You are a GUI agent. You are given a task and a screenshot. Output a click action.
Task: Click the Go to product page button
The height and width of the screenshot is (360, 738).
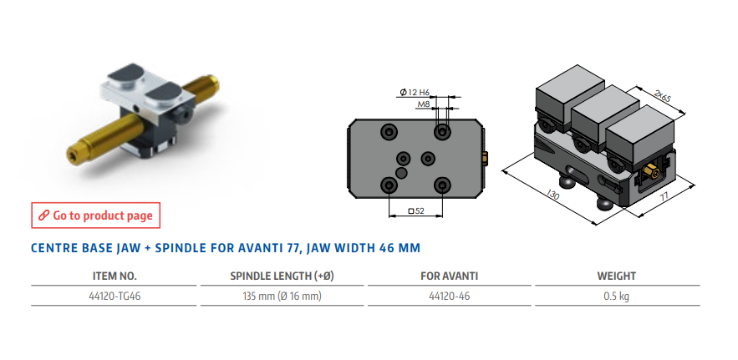[x=95, y=215]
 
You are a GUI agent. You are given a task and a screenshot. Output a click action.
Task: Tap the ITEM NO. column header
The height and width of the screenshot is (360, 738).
[x=115, y=276]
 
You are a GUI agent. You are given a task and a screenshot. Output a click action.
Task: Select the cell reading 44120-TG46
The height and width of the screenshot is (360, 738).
[x=115, y=297]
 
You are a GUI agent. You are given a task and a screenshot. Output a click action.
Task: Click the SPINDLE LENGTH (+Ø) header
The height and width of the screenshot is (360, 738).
[x=282, y=276]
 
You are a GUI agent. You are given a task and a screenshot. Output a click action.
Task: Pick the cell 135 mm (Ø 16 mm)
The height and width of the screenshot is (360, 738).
[x=282, y=297]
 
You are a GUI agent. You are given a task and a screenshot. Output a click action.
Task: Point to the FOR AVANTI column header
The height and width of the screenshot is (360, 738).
[x=449, y=276]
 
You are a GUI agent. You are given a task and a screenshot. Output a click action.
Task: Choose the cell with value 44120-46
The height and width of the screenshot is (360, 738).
[x=449, y=297]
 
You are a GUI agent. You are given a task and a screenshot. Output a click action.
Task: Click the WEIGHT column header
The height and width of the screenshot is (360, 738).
[x=617, y=276]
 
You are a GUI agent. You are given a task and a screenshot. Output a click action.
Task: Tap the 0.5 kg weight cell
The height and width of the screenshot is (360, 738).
[x=617, y=297]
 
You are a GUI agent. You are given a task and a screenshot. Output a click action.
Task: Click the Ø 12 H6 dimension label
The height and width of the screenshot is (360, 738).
[x=415, y=92]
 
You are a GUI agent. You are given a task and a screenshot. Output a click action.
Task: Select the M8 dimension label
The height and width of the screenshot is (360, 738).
[x=424, y=104]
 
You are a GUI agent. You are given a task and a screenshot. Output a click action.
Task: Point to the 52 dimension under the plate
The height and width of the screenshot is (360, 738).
[x=416, y=211]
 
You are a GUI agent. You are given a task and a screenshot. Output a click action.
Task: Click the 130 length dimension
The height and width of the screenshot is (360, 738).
[x=552, y=195]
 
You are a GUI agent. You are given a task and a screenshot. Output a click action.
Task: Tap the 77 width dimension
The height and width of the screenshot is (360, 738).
[x=664, y=197]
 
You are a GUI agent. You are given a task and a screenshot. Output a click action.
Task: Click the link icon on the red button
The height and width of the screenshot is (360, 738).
[x=43, y=215]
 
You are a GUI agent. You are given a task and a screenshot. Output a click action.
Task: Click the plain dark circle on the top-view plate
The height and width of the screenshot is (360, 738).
[x=401, y=173]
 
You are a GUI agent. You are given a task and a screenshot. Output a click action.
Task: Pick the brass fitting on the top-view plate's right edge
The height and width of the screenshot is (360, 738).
[x=486, y=158]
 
